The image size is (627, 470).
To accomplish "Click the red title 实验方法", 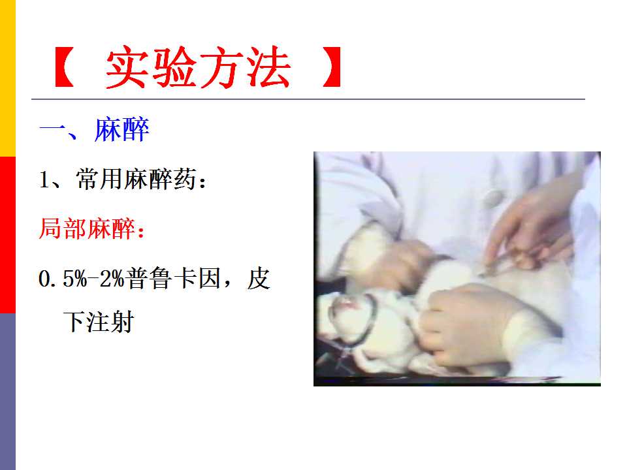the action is tap(198, 67).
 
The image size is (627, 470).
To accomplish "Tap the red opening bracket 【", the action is tap(64, 67).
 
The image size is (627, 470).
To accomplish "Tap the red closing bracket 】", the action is tap(332, 67).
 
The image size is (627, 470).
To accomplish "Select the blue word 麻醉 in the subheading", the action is tap(122, 129).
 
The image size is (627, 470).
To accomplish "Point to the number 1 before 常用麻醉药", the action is tap(44, 180).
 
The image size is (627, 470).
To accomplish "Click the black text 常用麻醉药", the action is tap(137, 179).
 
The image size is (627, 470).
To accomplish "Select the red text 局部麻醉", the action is tap(87, 228).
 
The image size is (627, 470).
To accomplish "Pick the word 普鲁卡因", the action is tap(172, 278).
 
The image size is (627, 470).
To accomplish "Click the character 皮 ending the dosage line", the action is tap(259, 278).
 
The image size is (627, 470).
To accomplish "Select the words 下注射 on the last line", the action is tap(99, 322).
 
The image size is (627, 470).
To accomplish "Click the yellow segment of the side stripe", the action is tap(8, 78).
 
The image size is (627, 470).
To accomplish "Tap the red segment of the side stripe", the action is tap(8, 235).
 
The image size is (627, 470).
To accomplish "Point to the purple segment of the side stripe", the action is tap(8, 392).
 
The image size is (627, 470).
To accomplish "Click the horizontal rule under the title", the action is tap(308, 99).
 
